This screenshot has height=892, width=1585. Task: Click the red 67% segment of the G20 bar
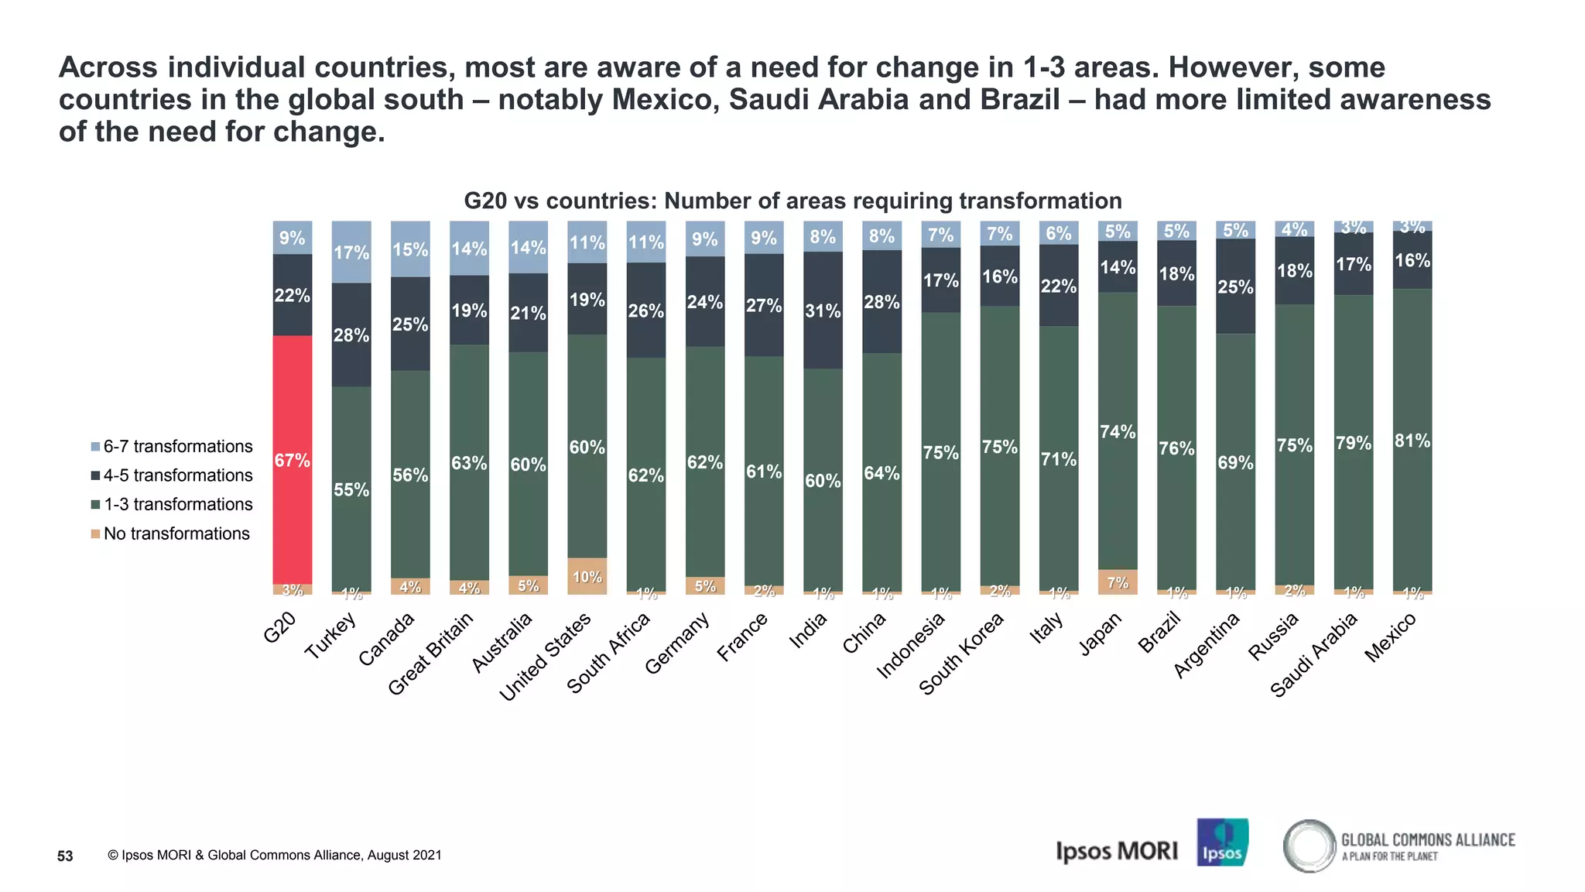[293, 460]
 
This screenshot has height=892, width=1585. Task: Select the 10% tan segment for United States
[587, 576]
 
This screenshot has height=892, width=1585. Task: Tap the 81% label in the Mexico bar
[1412, 441]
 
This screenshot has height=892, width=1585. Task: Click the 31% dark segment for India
[823, 310]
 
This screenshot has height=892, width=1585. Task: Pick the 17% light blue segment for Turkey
[351, 252]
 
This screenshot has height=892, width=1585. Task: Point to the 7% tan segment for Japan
[1118, 582]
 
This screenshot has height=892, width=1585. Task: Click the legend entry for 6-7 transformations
[172, 447]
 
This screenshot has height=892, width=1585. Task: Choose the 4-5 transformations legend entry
[172, 475]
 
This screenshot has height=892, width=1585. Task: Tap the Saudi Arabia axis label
[1314, 654]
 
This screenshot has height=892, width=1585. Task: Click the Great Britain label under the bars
[430, 654]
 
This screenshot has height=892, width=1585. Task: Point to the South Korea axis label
[961, 654]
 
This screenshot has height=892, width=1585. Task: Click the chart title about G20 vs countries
[792, 201]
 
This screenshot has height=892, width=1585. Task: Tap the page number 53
[65, 856]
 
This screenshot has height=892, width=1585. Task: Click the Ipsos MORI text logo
[1116, 851]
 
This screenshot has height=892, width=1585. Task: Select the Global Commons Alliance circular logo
[1309, 846]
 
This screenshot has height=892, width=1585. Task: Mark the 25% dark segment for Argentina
[1235, 286]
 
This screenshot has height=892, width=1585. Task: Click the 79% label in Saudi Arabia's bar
[1354, 444]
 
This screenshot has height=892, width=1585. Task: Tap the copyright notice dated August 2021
[275, 856]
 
